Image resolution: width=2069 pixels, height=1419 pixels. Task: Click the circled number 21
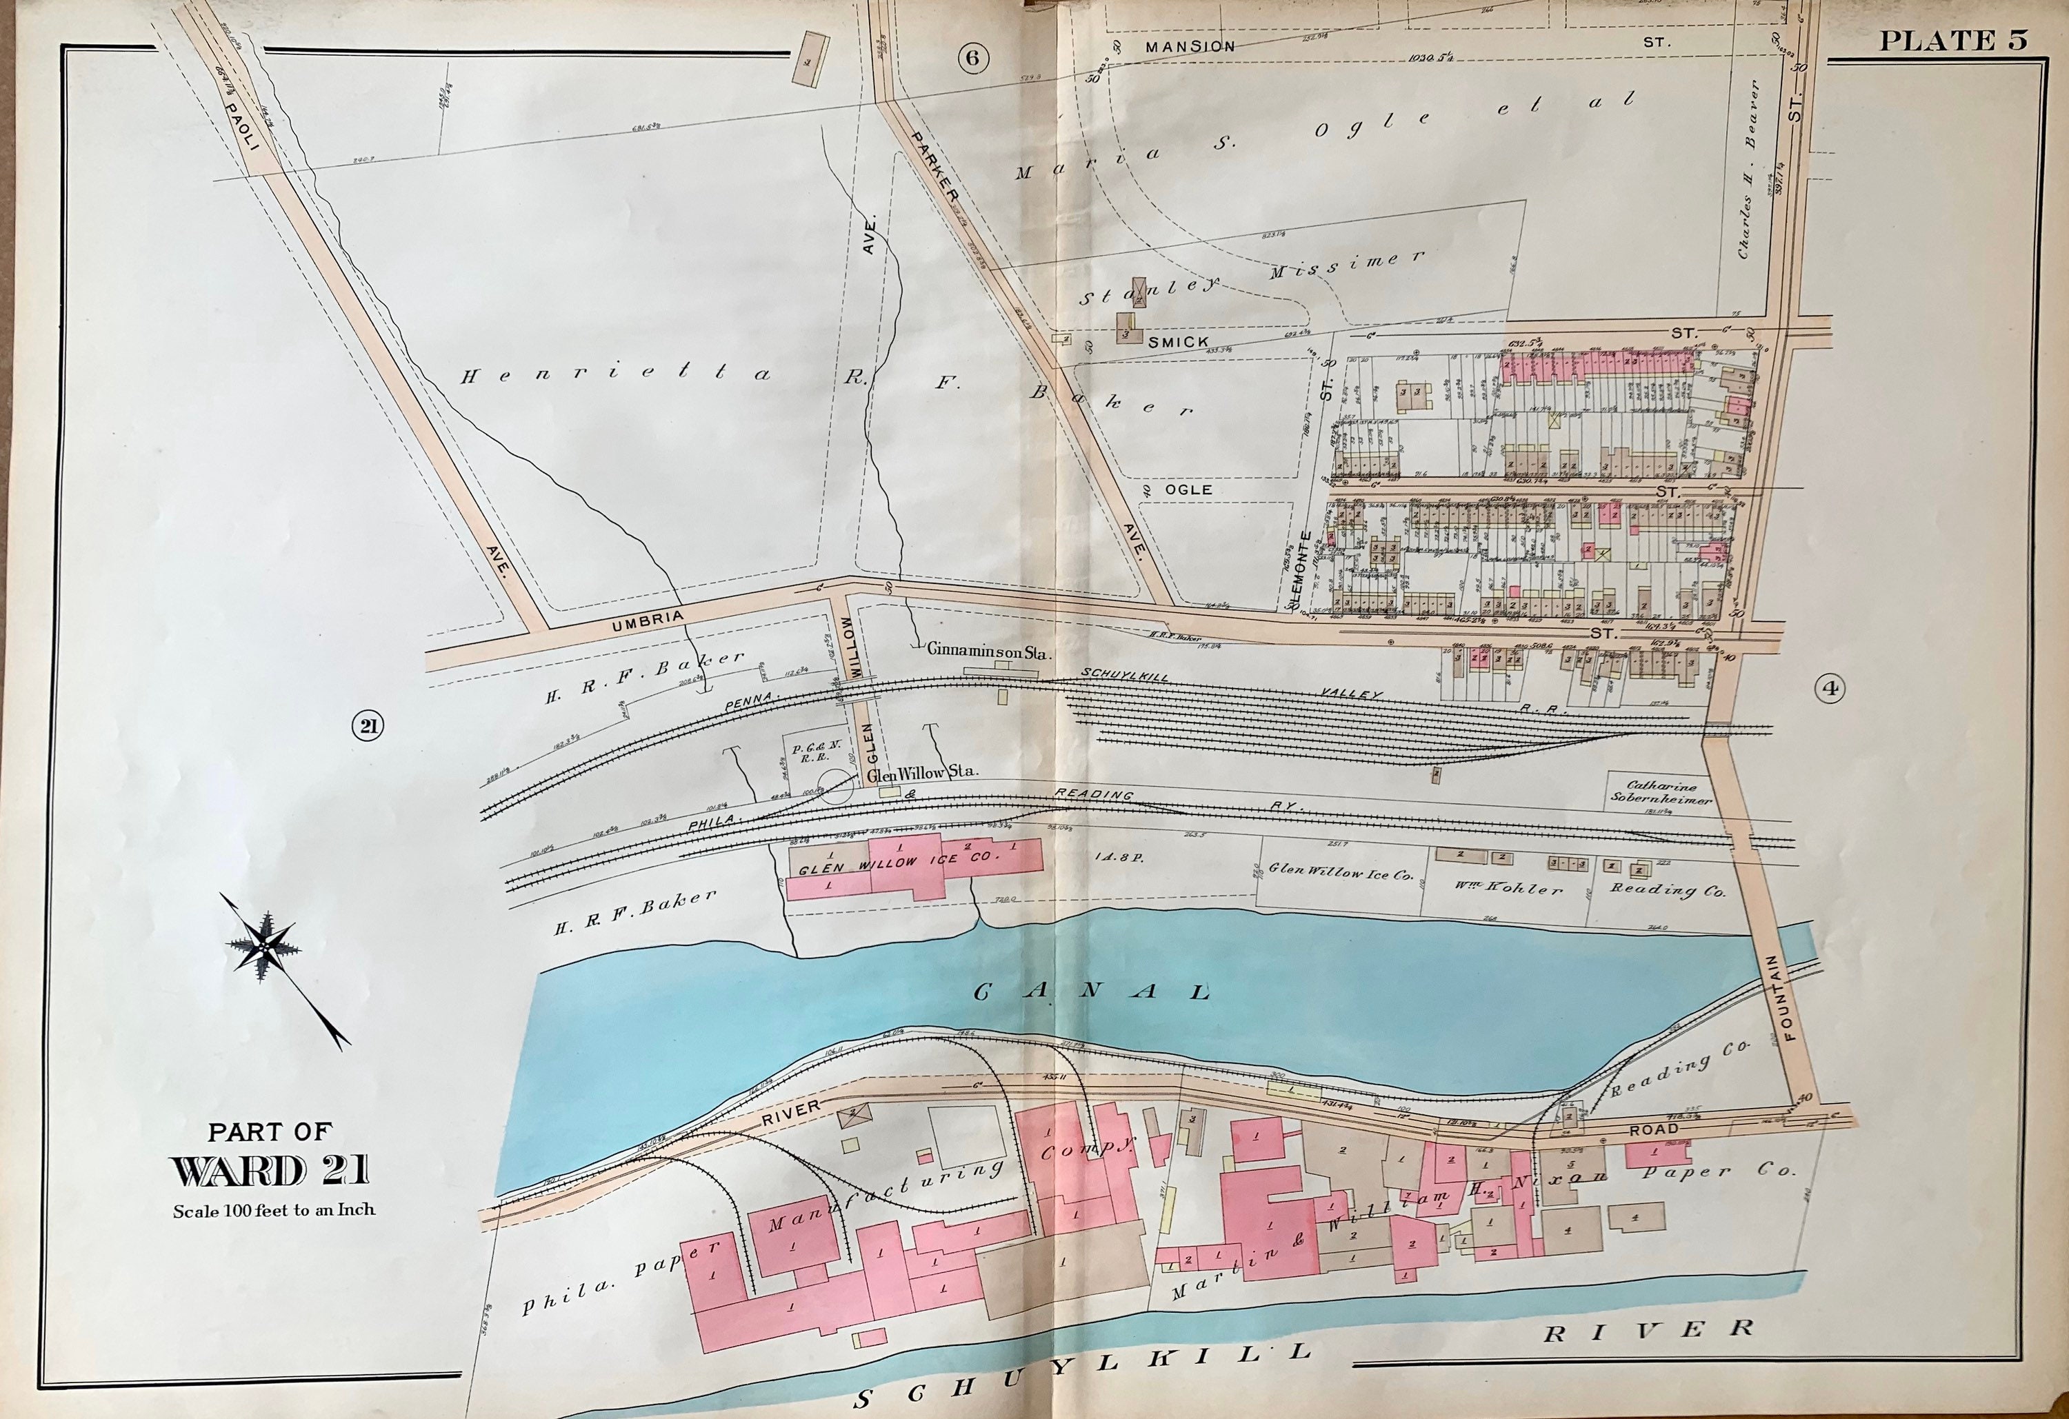pos(367,727)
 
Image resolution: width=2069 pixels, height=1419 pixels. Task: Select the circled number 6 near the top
pos(972,58)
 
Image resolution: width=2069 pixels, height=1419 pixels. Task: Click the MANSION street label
pos(1190,46)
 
